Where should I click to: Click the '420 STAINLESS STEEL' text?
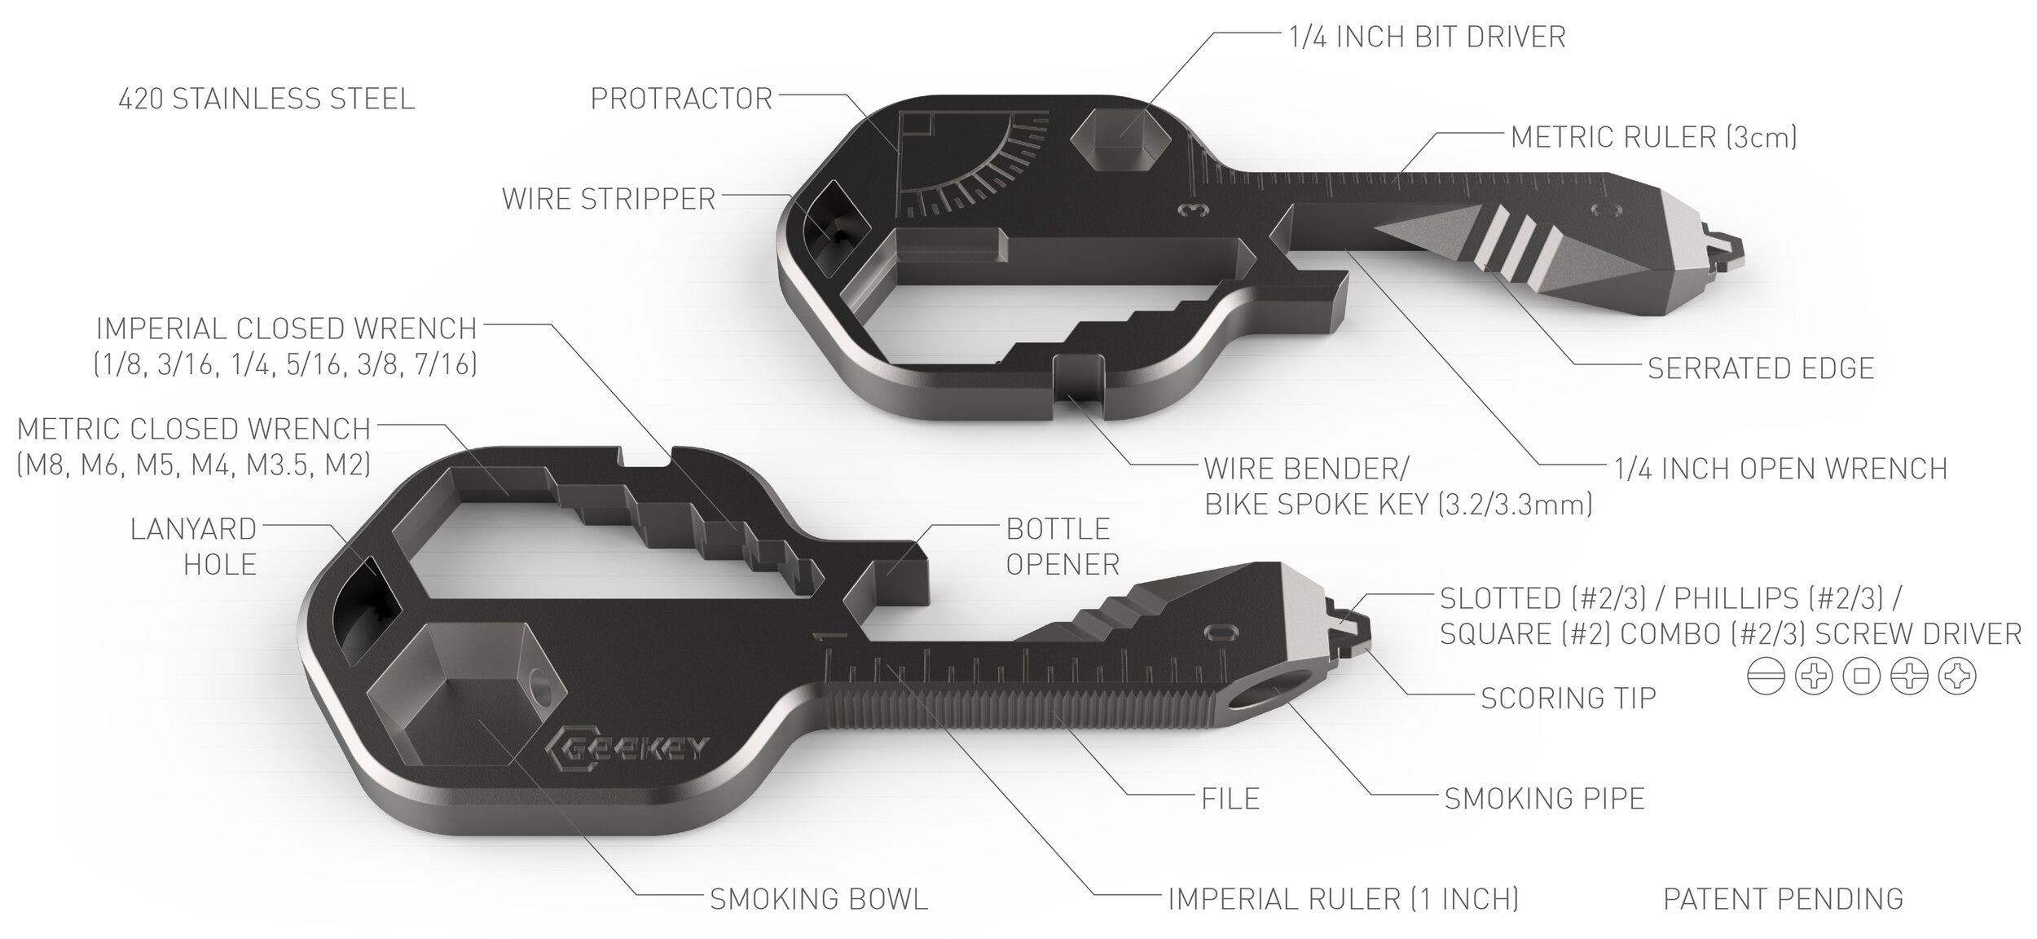click(x=266, y=99)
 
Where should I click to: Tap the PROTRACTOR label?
click(x=681, y=99)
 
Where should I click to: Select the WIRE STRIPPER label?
click(x=609, y=199)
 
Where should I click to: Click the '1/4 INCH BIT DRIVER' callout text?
click(x=1427, y=37)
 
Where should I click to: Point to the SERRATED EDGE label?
click(x=1761, y=368)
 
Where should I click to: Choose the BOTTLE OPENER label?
click(x=1062, y=547)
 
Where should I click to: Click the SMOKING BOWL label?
click(x=819, y=899)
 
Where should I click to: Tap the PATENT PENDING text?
click(x=1783, y=899)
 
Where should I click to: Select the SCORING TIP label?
click(x=1568, y=699)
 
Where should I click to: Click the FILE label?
click(x=1230, y=799)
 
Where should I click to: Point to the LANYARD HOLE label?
click(x=194, y=547)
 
